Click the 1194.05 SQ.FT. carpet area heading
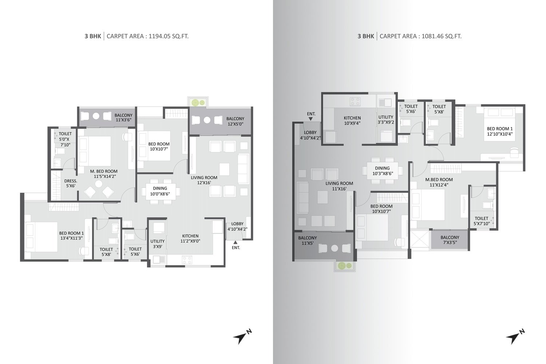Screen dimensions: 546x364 (x=136, y=36)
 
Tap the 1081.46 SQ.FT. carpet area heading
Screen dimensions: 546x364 (x=409, y=36)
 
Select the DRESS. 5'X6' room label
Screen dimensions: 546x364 (x=71, y=183)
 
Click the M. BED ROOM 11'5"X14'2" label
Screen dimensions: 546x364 (x=104, y=174)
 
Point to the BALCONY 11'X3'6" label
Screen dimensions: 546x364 (x=124, y=117)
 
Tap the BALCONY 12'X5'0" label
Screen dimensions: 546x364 (x=235, y=121)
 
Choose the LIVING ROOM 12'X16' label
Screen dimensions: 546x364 (x=204, y=180)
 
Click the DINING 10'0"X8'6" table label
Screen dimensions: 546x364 (x=160, y=191)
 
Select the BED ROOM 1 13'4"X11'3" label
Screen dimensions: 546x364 (x=71, y=236)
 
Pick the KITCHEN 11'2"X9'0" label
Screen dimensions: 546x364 (x=190, y=238)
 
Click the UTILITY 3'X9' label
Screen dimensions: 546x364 (x=158, y=244)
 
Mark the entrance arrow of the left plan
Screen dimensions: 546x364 (x=235, y=242)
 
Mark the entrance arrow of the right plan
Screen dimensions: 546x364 (x=310, y=119)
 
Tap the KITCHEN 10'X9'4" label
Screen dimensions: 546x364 (x=352, y=120)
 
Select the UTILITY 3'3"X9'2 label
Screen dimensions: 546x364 (x=386, y=119)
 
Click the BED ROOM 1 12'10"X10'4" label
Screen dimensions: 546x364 (x=500, y=131)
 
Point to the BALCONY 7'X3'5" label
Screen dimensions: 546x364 (x=450, y=240)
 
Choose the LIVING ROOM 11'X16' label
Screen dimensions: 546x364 (x=339, y=186)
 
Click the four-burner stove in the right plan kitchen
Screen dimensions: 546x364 (x=355, y=102)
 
